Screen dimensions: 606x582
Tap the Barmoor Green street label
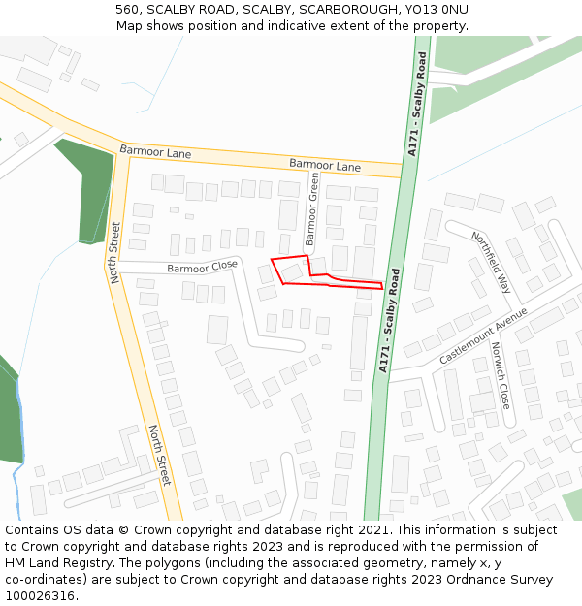pos(311,208)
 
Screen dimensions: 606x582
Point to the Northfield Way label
pos(492,263)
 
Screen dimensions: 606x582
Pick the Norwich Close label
pos(501,374)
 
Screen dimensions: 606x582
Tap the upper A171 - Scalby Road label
pos(417,106)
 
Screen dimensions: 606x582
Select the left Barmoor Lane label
pos(155,152)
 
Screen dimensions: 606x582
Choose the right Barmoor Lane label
pos(325,166)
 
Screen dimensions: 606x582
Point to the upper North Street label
pos(114,252)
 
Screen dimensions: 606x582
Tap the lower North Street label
pos(160,455)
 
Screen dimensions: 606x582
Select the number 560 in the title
pos(127,10)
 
